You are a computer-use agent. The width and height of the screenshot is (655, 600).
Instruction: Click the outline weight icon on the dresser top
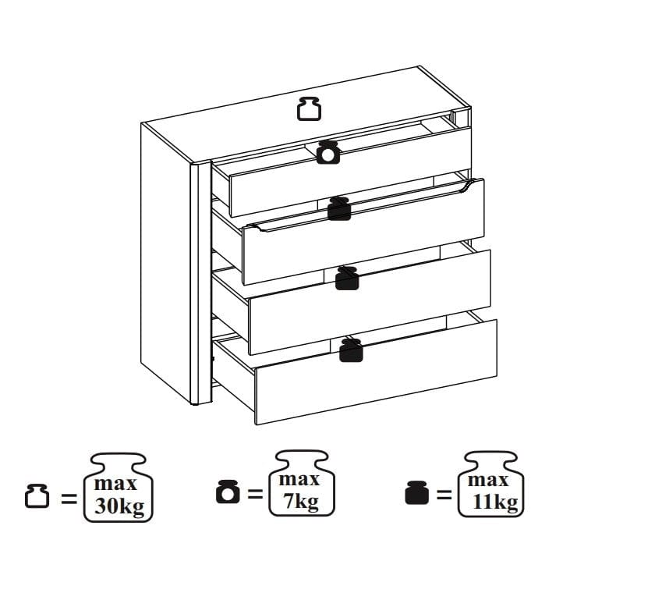click(x=309, y=108)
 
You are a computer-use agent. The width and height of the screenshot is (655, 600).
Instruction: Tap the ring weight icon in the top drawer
click(x=328, y=152)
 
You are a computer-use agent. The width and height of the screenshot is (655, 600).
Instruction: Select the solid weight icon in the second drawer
click(x=338, y=208)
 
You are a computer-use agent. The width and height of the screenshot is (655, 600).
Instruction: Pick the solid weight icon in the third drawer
click(x=347, y=279)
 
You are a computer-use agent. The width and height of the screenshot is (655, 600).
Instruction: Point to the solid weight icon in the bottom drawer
click(x=351, y=350)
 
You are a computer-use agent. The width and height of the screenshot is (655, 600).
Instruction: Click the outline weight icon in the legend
click(x=37, y=496)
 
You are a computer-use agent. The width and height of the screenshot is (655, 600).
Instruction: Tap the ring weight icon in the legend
click(x=228, y=492)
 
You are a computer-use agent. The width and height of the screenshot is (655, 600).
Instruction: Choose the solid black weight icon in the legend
click(x=417, y=492)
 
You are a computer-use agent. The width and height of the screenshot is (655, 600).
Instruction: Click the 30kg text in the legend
click(x=119, y=506)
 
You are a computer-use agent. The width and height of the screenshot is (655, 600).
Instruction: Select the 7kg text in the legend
click(x=301, y=502)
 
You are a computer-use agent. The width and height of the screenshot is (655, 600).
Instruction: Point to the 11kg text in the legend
click(x=495, y=502)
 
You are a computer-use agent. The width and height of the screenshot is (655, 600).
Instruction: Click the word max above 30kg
click(x=115, y=484)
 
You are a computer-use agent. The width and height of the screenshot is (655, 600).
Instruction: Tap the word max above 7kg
click(x=299, y=480)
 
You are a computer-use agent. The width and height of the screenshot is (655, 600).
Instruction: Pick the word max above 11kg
click(x=488, y=481)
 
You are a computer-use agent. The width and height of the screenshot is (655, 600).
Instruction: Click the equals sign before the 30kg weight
click(x=69, y=498)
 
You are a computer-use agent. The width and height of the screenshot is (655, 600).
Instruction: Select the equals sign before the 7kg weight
click(x=256, y=494)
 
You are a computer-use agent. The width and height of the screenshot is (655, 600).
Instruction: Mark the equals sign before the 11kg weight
click(x=444, y=495)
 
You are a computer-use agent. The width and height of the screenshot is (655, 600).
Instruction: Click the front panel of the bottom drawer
click(x=376, y=372)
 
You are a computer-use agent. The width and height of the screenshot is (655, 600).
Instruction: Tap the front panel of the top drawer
click(x=351, y=172)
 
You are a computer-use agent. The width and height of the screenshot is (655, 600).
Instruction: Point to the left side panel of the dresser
click(x=166, y=261)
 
